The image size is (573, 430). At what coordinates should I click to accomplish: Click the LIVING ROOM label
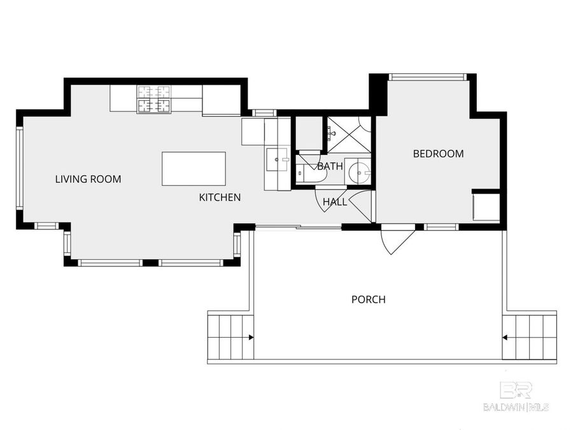tap(88, 179)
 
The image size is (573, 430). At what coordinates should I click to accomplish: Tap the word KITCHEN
tap(220, 197)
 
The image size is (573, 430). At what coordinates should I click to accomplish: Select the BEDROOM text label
tap(438, 154)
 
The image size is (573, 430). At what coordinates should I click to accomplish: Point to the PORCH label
tap(368, 299)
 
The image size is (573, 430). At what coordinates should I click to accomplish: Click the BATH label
tap(330, 166)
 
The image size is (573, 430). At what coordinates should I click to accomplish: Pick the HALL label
tap(334, 202)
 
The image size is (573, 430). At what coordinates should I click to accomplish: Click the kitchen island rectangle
tap(194, 168)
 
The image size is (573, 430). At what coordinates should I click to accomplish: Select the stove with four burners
tap(154, 99)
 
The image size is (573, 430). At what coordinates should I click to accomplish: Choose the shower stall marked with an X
tap(348, 134)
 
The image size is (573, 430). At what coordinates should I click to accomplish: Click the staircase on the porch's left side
tap(230, 336)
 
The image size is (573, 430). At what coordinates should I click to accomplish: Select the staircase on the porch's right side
tap(530, 336)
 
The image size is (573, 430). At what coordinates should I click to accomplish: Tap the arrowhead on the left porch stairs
tap(252, 337)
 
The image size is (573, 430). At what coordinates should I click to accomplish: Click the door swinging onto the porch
tap(396, 240)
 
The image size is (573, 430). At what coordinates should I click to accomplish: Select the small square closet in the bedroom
tap(485, 206)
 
